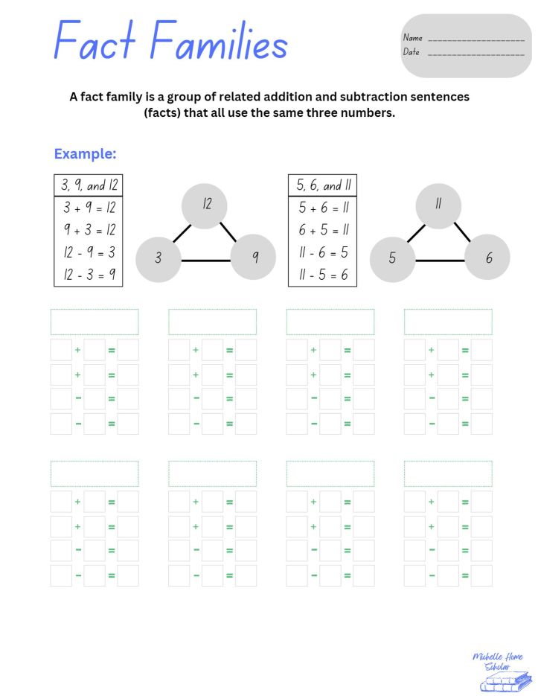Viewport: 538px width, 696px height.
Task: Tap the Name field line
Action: click(476, 39)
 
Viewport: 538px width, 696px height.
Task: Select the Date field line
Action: click(476, 54)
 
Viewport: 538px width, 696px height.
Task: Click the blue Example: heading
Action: click(85, 154)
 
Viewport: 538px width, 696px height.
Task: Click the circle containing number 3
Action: click(158, 258)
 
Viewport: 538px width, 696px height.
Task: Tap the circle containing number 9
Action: click(254, 258)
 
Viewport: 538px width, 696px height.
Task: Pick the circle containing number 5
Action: click(392, 259)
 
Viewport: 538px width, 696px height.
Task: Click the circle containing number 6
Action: click(488, 258)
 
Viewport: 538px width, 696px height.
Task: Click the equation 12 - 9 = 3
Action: click(89, 252)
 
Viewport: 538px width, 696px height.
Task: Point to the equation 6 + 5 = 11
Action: click(323, 230)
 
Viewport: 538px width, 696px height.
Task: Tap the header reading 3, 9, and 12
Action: click(89, 185)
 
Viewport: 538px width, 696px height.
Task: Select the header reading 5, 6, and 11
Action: click(323, 185)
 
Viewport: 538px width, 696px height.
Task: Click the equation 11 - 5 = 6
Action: click(323, 275)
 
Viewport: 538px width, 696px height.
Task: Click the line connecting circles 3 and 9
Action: click(206, 261)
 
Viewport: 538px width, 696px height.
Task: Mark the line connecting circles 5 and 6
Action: click(440, 261)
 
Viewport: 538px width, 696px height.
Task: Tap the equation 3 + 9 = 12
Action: click(89, 208)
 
